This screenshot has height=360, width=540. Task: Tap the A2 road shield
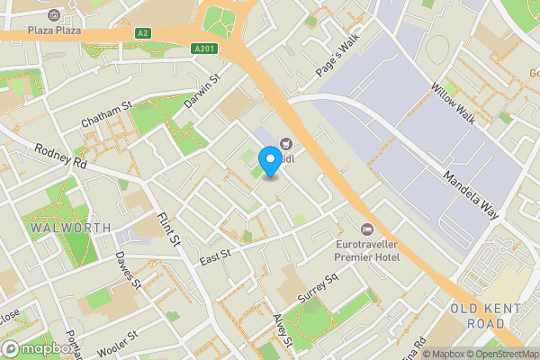click(x=142, y=33)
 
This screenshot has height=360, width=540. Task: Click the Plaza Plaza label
click(x=54, y=30)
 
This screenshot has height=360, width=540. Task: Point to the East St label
click(x=216, y=258)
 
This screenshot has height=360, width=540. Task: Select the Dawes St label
click(x=128, y=269)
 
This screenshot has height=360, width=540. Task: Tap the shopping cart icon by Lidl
click(x=287, y=141)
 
